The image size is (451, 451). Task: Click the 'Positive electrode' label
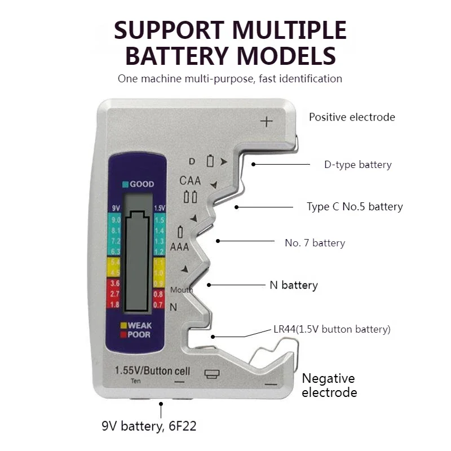pos(352,117)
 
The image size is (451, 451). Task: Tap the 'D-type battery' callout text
pos(357,165)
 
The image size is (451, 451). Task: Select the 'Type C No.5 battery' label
pos(355,207)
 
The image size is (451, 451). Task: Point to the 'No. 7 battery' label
pos(315,243)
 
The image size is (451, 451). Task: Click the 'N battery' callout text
pos(293,285)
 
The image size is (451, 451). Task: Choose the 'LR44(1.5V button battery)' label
pos(332,329)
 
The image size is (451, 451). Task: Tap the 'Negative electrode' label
pos(329,385)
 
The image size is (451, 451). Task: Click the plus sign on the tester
pos(266,121)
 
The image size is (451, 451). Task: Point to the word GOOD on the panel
pos(142,184)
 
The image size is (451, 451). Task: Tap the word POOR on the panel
pos(139,334)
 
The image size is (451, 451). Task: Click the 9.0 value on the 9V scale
pos(116,220)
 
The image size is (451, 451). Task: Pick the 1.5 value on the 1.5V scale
pos(160,220)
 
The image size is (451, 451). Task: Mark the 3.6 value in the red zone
pos(116,283)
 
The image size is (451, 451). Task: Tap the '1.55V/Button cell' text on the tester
pos(152,371)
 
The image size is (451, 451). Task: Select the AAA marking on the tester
pos(179,246)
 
